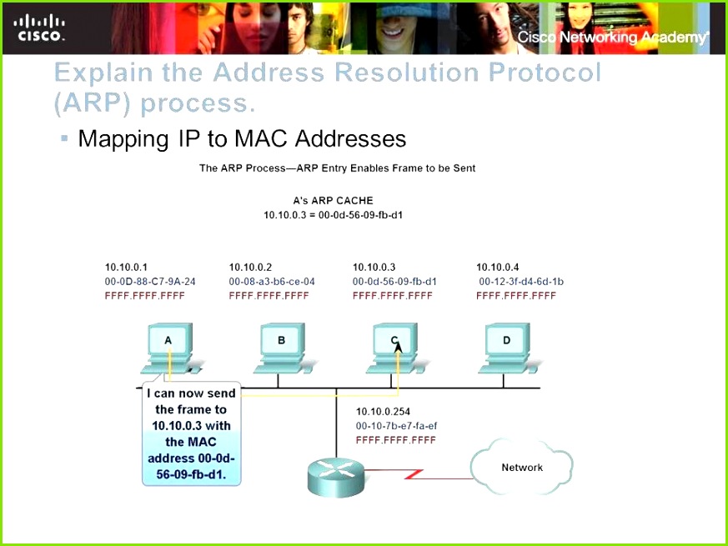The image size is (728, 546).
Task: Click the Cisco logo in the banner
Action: pyautogui.click(x=39, y=28)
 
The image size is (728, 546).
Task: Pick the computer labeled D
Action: pyautogui.click(x=509, y=348)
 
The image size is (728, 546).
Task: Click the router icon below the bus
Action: pyautogui.click(x=336, y=477)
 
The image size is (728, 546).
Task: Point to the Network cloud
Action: pyautogui.click(x=521, y=467)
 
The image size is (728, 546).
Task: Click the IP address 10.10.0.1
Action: pyautogui.click(x=126, y=267)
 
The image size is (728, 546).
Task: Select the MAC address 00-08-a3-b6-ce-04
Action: pyautogui.click(x=272, y=282)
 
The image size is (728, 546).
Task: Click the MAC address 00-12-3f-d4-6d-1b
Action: pyautogui.click(x=521, y=282)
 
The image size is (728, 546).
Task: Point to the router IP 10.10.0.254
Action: pyautogui.click(x=383, y=411)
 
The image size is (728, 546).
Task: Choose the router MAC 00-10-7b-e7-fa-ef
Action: pyautogui.click(x=396, y=426)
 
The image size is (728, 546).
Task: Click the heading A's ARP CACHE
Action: pyautogui.click(x=333, y=201)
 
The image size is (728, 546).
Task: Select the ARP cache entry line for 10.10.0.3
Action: pyautogui.click(x=333, y=215)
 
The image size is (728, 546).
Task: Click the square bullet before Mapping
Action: pyautogui.click(x=64, y=138)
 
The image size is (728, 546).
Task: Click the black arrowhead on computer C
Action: pyautogui.click(x=399, y=347)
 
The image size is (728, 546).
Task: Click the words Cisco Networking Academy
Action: pyautogui.click(x=613, y=38)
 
